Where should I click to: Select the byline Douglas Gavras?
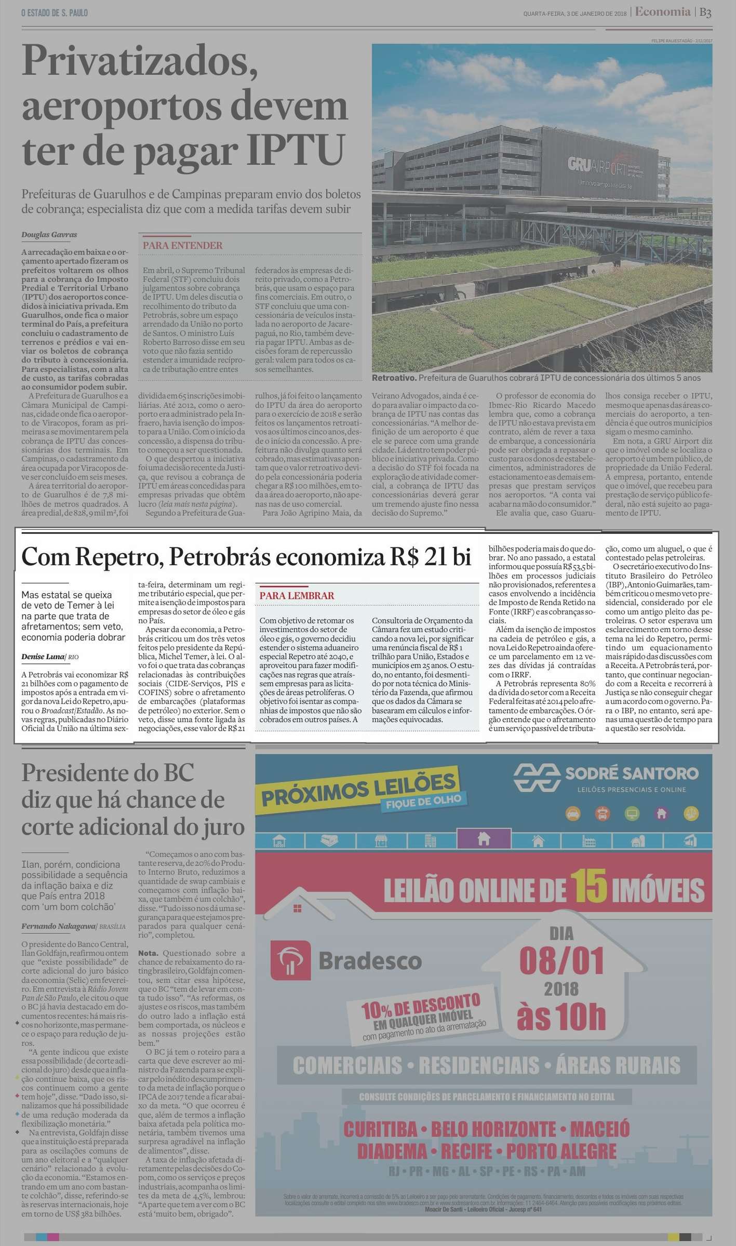pos(49,235)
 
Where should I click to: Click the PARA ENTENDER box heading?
pos(182,246)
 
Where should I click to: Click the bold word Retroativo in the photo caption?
pos(394,378)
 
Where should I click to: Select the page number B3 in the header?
pos(705,13)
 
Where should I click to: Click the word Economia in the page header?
pos(663,12)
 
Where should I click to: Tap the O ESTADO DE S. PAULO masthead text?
pos(55,13)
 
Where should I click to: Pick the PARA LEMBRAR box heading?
pos(297,596)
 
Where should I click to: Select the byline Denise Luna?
pos(43,657)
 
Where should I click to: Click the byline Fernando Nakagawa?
pos(58,926)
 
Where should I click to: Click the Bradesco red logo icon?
pos(290,960)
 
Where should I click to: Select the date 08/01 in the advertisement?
pos(561,961)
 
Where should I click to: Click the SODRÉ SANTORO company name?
pos(631,774)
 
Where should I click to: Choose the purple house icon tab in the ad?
pos(484,839)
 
